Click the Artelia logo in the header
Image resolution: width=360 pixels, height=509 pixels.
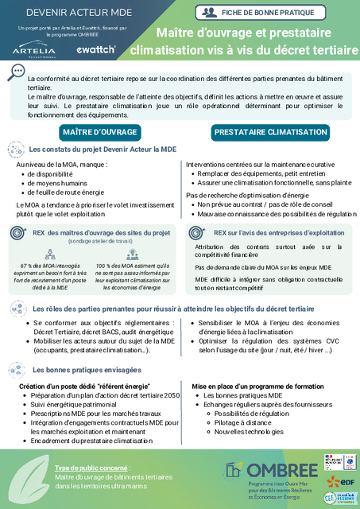[x=33, y=50]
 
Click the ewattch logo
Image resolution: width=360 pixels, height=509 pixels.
[x=96, y=49]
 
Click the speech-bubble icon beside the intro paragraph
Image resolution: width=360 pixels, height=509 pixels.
[x=15, y=72]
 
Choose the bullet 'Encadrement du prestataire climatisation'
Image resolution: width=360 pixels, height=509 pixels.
[x=93, y=440]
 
